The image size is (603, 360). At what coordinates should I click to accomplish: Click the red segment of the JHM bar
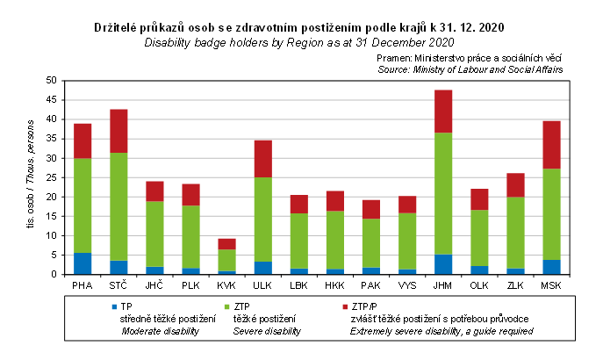click(443, 111)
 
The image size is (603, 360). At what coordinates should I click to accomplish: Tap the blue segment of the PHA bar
click(83, 263)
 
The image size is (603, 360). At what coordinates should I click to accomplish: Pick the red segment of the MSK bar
click(550, 144)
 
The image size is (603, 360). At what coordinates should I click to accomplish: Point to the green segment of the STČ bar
click(118, 206)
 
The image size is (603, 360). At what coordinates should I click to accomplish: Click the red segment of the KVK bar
click(226, 244)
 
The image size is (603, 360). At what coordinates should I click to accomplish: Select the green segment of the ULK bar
click(262, 220)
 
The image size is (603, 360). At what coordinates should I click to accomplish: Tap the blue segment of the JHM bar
click(443, 264)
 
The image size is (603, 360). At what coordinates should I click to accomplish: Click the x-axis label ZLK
click(514, 285)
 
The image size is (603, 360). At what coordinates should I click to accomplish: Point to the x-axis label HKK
click(334, 285)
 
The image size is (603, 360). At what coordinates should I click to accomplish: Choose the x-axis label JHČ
click(154, 285)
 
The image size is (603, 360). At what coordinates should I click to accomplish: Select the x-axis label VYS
click(406, 285)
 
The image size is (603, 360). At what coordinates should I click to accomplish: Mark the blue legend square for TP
click(113, 306)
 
